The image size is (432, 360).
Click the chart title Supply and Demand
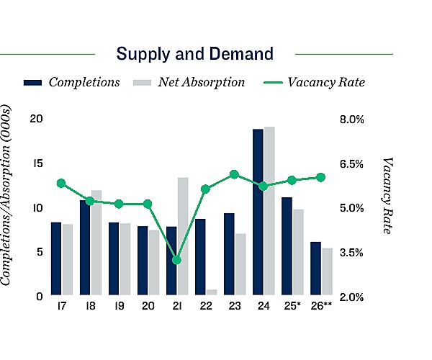coord(195,53)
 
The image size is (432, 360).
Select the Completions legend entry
coord(71,82)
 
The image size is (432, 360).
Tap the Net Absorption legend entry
coord(189,82)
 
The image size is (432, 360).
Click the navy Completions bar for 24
coord(258,212)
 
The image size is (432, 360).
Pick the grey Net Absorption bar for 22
coord(212,292)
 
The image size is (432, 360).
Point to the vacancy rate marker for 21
coord(177,260)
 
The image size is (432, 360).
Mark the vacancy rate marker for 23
coord(234,174)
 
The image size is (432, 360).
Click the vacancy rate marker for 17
coord(61,183)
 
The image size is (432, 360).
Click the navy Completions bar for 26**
coord(315,268)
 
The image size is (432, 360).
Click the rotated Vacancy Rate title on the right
coord(389,194)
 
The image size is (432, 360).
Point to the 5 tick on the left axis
coord(37,252)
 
